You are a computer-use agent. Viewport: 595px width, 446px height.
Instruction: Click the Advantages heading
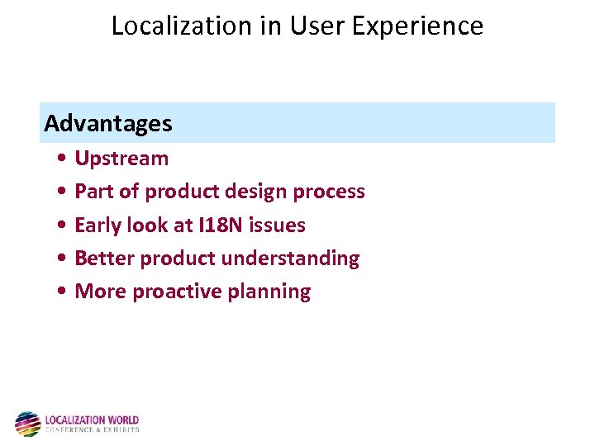108,124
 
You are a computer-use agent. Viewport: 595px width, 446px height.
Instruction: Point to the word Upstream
121,159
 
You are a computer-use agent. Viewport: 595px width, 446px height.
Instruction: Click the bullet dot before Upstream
64,159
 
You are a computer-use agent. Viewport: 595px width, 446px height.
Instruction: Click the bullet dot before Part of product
64,192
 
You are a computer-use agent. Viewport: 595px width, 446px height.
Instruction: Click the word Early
98,225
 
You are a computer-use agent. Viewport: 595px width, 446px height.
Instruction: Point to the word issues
278,225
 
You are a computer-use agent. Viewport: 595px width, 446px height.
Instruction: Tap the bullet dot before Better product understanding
64,259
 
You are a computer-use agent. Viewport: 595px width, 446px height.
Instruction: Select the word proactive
183,292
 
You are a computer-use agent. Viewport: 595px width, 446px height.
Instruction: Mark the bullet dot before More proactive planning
64,292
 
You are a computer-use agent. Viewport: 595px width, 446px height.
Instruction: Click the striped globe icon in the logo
27,424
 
